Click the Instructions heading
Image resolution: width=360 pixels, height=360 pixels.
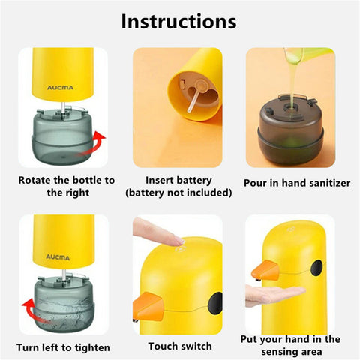pyautogui.click(x=178, y=21)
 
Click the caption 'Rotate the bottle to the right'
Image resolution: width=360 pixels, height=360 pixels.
pyautogui.click(x=66, y=186)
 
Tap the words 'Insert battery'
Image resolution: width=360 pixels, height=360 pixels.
pyautogui.click(x=178, y=180)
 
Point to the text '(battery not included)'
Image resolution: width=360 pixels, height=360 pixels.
pyautogui.click(x=178, y=193)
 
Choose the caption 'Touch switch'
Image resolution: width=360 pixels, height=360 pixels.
pyautogui.click(x=178, y=346)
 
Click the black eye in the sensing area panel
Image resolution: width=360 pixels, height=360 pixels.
pyautogui.click(x=316, y=265)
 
